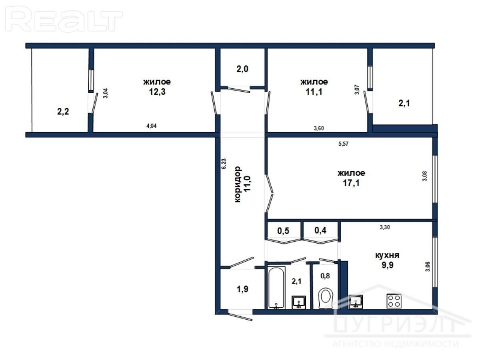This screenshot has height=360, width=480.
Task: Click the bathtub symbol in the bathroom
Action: [x=276, y=288]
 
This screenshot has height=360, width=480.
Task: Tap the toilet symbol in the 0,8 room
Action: [x=325, y=298]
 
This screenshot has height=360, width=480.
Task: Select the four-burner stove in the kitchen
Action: [x=394, y=301]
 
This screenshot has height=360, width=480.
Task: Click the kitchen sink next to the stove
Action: [x=356, y=302]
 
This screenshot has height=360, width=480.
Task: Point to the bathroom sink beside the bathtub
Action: [x=299, y=302]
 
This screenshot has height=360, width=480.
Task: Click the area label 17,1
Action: [x=351, y=183]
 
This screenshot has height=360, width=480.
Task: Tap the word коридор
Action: [x=238, y=184]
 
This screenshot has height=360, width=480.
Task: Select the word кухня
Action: [x=387, y=255]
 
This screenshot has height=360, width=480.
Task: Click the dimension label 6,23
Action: [x=224, y=164]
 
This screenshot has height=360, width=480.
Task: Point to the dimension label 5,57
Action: [x=343, y=144]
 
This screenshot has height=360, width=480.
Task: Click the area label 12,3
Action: [x=157, y=92]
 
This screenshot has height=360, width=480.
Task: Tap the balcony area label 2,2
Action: [x=63, y=112]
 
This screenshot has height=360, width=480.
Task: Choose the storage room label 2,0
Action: [x=242, y=69]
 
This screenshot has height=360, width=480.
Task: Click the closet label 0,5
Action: [x=283, y=231]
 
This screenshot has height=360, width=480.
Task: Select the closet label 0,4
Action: [x=320, y=230]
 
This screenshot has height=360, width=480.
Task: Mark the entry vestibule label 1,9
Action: [x=242, y=289]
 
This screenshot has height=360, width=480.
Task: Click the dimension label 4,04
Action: [x=151, y=126]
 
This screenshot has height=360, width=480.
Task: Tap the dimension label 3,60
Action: [x=319, y=128]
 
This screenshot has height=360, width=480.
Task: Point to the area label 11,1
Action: [x=314, y=92]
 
